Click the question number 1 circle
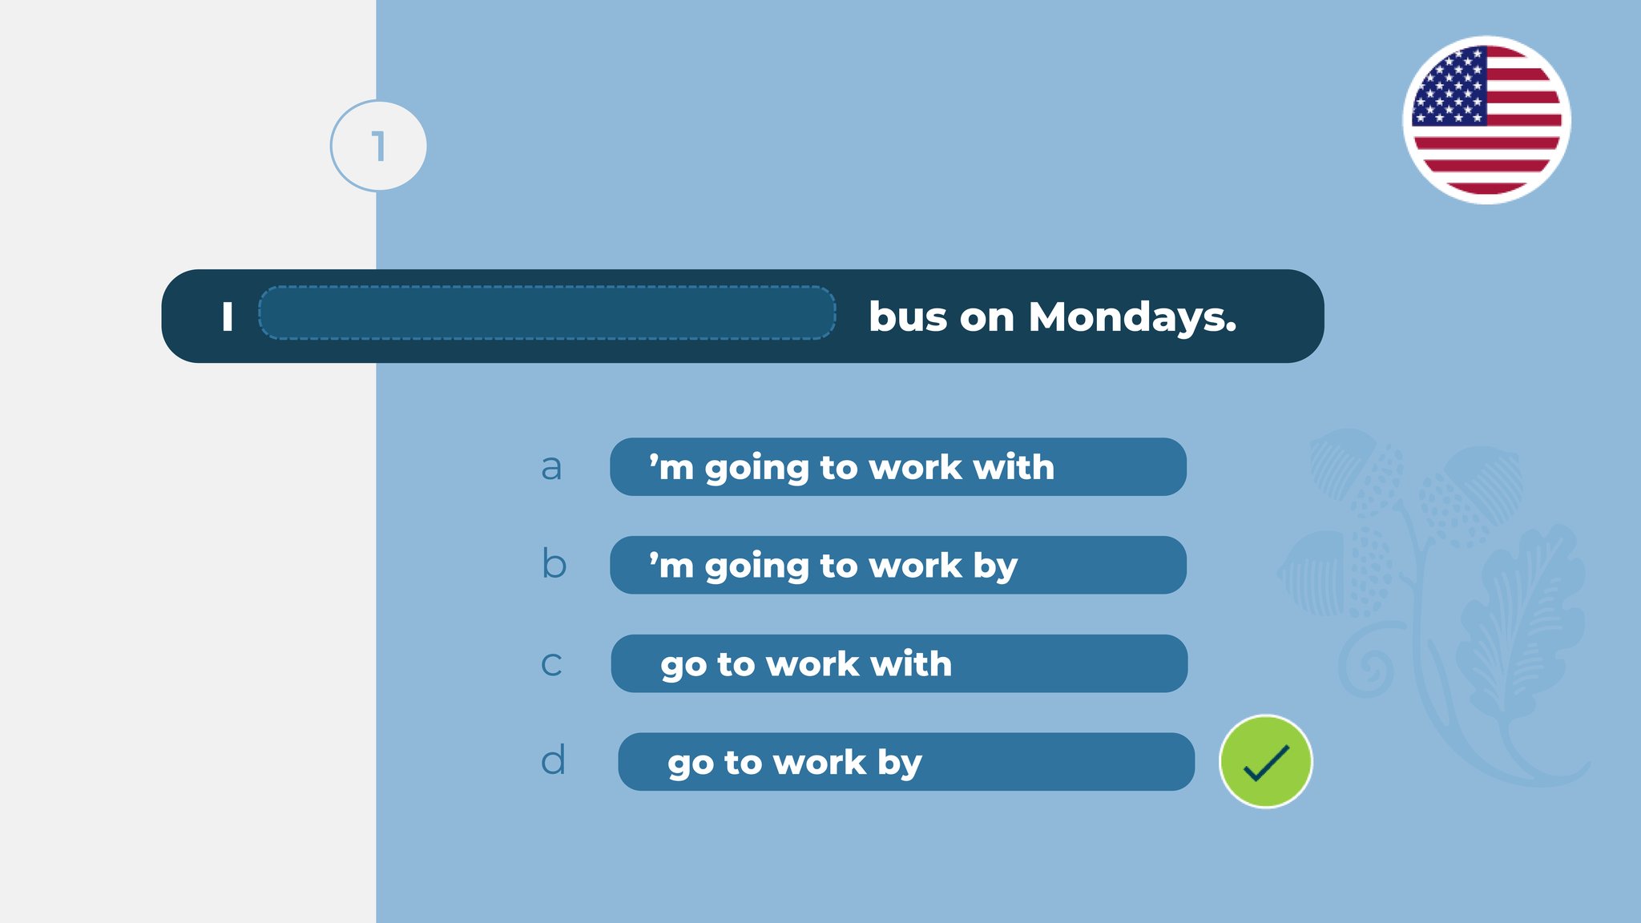pyautogui.click(x=378, y=146)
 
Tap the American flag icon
pyautogui.click(x=1486, y=120)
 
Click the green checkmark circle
pyautogui.click(x=1265, y=761)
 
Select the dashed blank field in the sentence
pyautogui.click(x=547, y=313)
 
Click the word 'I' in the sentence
pyautogui.click(x=228, y=316)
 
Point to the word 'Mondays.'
pyautogui.click(x=1132, y=317)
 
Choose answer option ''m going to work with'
pyautogui.click(x=898, y=466)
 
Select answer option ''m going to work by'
pyautogui.click(x=898, y=565)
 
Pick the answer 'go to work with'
pyautogui.click(x=899, y=663)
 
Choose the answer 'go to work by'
pyautogui.click(x=906, y=762)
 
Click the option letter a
pyautogui.click(x=551, y=468)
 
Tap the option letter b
pyautogui.click(x=554, y=563)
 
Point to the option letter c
pyautogui.click(x=551, y=664)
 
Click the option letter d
pyautogui.click(x=553, y=760)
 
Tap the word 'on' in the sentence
pyautogui.click(x=987, y=320)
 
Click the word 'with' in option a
pyautogui.click(x=1014, y=467)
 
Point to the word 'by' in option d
pyautogui.click(x=900, y=764)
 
